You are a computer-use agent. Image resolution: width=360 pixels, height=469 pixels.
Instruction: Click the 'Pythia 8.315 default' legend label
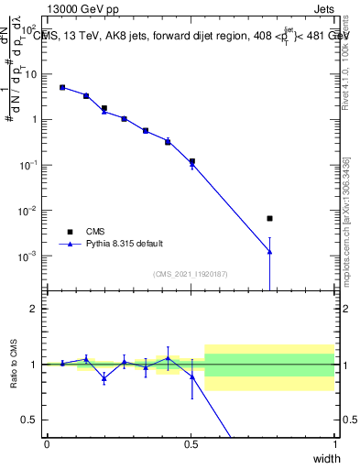(x=125, y=244)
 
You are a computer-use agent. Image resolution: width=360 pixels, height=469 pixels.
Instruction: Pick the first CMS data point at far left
(x=62, y=88)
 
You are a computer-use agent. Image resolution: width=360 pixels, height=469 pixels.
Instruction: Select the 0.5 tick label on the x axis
(x=191, y=444)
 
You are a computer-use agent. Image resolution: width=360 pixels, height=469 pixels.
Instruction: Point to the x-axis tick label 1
(x=334, y=444)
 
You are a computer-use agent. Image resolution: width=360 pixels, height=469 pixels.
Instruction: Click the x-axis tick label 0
(x=47, y=444)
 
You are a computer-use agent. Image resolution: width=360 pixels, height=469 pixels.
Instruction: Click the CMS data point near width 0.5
(x=192, y=161)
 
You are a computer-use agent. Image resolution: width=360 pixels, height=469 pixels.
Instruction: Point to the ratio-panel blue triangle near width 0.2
(x=104, y=377)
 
